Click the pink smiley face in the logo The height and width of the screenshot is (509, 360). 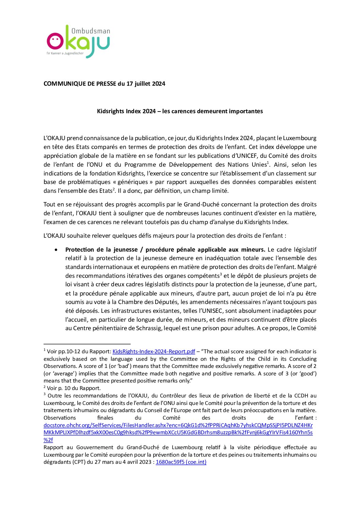(x=55, y=41)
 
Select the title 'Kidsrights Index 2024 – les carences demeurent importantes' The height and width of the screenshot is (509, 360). (x=180, y=111)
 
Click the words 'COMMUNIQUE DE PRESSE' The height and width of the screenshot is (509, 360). (x=80, y=84)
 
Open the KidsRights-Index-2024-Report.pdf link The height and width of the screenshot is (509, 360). (x=154, y=352)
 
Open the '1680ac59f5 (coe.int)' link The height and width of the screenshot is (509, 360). (x=181, y=462)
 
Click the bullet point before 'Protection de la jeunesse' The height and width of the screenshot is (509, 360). (x=56, y=250)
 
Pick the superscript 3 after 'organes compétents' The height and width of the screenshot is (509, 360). (x=220, y=274)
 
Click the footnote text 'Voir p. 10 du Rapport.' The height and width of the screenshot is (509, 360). (x=74, y=388)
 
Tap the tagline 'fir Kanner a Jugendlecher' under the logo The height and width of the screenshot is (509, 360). (x=65, y=53)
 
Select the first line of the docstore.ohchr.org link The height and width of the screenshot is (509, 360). (x=178, y=425)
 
